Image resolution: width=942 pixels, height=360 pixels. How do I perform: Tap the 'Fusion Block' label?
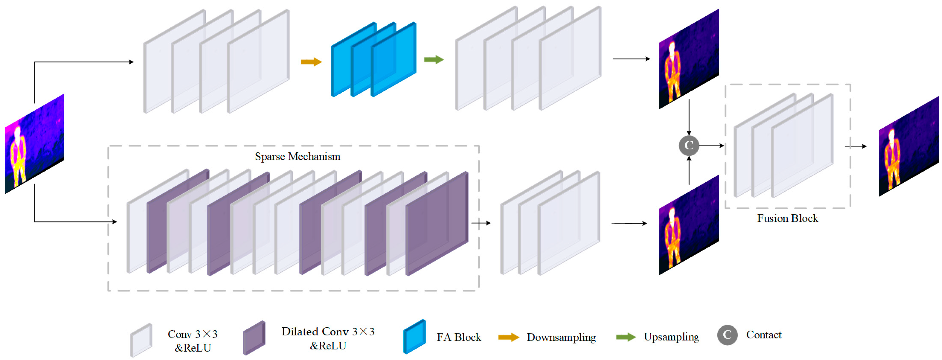click(787, 218)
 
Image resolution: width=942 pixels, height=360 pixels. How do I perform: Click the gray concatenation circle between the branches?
click(689, 145)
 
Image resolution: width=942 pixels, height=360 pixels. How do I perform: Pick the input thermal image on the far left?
click(34, 144)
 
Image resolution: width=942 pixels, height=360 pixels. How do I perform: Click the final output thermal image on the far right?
click(909, 146)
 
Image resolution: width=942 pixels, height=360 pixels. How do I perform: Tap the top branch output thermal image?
click(689, 59)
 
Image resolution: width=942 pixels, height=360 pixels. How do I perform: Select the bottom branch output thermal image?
click(689, 225)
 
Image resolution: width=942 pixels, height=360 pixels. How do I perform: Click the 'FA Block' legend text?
click(459, 337)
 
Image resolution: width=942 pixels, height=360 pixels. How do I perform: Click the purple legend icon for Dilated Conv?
click(254, 338)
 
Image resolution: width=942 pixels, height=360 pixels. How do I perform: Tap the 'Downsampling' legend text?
click(561, 337)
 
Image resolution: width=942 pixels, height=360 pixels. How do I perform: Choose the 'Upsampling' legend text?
click(671, 337)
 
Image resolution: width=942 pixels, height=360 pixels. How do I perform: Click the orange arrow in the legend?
click(509, 337)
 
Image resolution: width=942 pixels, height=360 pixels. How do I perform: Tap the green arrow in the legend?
click(626, 337)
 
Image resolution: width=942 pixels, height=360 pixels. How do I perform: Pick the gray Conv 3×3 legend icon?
click(141, 340)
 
